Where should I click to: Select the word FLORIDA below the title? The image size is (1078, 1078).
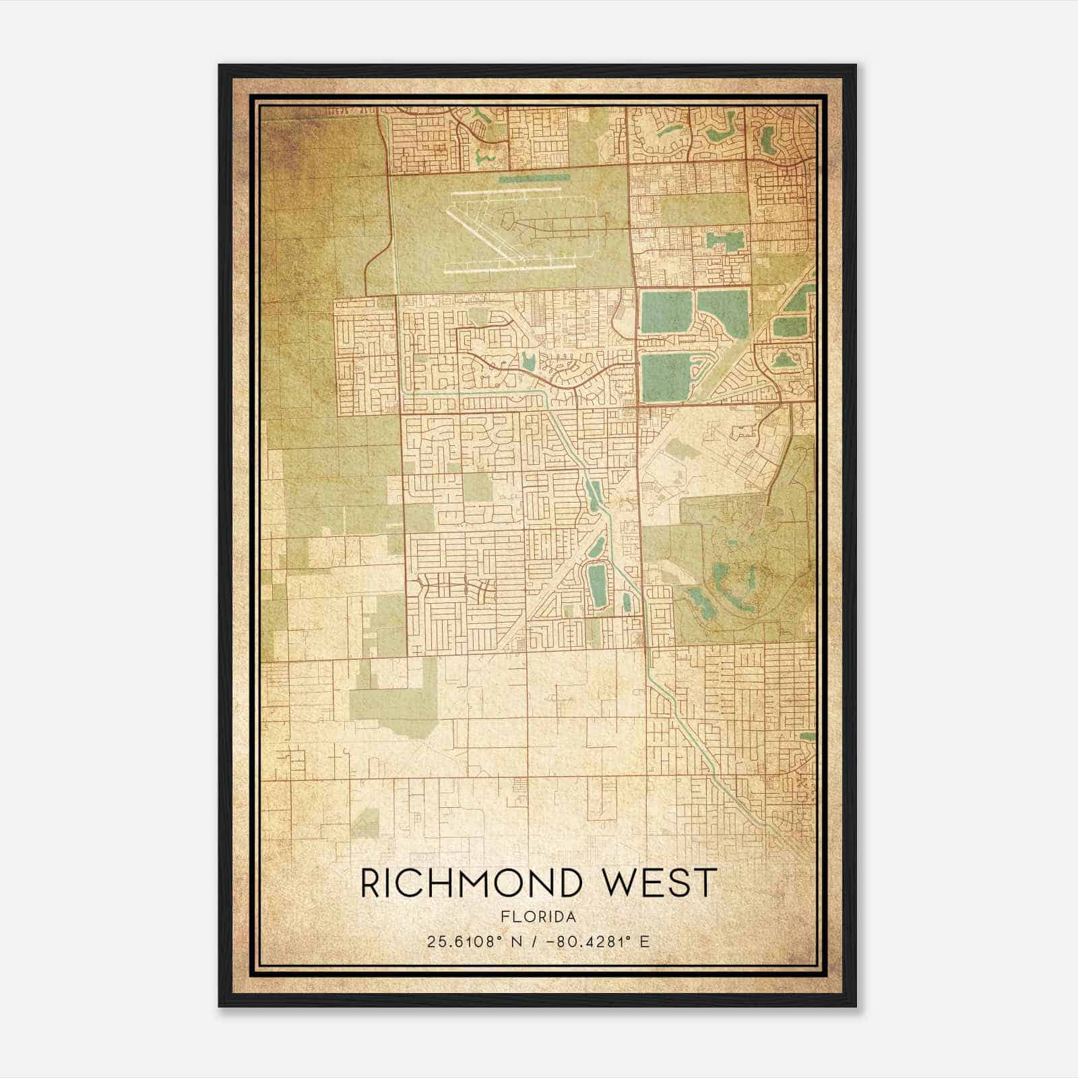click(538, 917)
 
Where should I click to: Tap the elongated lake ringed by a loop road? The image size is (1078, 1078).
click(598, 583)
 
